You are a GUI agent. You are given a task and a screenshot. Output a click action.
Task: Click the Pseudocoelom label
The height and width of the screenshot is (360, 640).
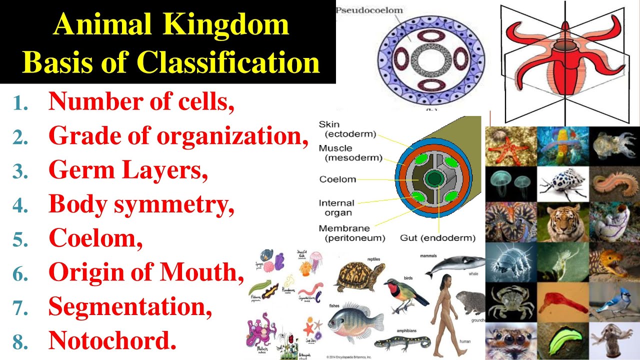click(369, 10)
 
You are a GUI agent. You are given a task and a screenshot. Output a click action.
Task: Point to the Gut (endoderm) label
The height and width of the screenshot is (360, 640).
click(437, 238)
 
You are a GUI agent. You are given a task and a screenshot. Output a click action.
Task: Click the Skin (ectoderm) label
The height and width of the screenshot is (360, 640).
click(347, 129)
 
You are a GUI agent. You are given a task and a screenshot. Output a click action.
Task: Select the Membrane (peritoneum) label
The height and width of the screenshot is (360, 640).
click(352, 233)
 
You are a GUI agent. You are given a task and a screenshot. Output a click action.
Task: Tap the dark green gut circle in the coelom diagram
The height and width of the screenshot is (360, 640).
click(433, 178)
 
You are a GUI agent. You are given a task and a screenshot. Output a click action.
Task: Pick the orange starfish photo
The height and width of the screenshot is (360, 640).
click(510, 146)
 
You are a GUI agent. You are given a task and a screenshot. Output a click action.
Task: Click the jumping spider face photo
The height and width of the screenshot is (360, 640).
click(510, 341)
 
